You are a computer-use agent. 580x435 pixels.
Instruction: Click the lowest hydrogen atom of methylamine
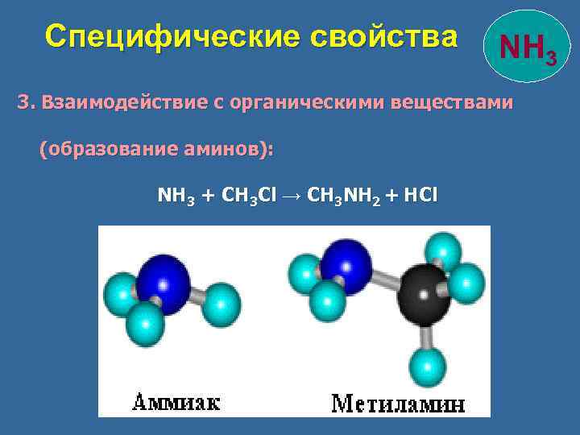[428, 367]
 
